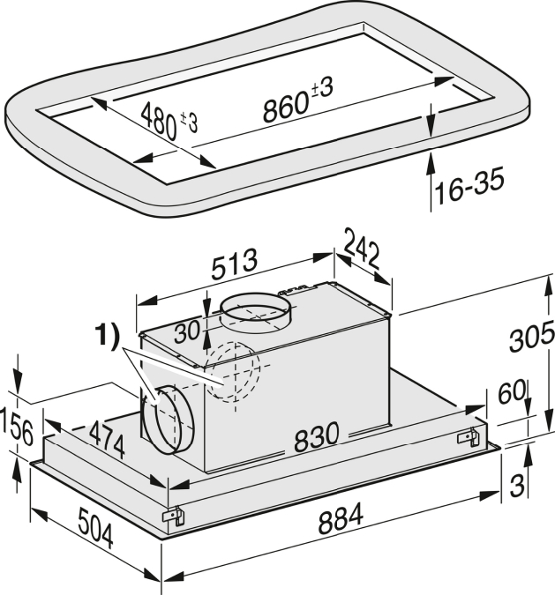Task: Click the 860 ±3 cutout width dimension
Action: [x=298, y=100]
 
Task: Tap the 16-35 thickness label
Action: [x=469, y=185]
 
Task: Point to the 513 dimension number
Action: [x=234, y=264]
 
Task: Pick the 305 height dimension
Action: [x=531, y=335]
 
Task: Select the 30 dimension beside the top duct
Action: [x=187, y=331]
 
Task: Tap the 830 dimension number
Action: [x=316, y=437]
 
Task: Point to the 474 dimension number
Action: [x=108, y=440]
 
